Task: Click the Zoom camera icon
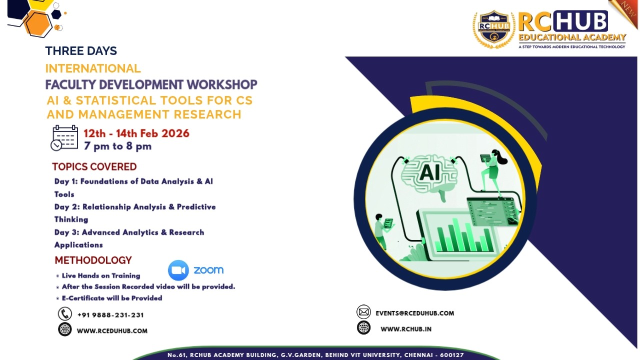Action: [x=178, y=270]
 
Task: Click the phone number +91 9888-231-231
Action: [x=110, y=315]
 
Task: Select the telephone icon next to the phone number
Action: [x=65, y=314]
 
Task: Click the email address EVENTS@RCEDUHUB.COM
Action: [x=415, y=313]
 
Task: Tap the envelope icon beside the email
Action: [x=363, y=312]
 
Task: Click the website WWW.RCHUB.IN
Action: [x=406, y=329]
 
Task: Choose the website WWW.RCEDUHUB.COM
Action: [x=112, y=330]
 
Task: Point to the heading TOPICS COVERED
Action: [x=94, y=166]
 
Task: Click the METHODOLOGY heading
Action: [x=93, y=260]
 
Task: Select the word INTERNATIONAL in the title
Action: [x=93, y=68]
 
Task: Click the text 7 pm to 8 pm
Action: [x=117, y=146]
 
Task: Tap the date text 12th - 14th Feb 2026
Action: [x=136, y=133]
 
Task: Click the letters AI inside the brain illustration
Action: [x=429, y=172]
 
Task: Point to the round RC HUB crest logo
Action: [x=494, y=29]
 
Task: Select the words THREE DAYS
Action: [x=81, y=51]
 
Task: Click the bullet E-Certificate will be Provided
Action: [x=112, y=298]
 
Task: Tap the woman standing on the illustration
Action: [x=492, y=170]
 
